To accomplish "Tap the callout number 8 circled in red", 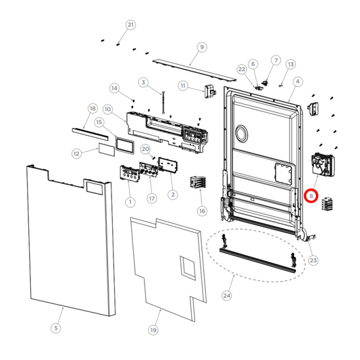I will tap(311, 195).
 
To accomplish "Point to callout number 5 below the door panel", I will tap(56, 328).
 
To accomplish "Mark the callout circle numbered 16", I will tap(201, 211).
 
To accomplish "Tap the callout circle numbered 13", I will tap(290, 64).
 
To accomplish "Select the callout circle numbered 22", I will tap(242, 69).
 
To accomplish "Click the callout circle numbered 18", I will tap(93, 108).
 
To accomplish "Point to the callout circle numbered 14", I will tap(115, 88).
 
